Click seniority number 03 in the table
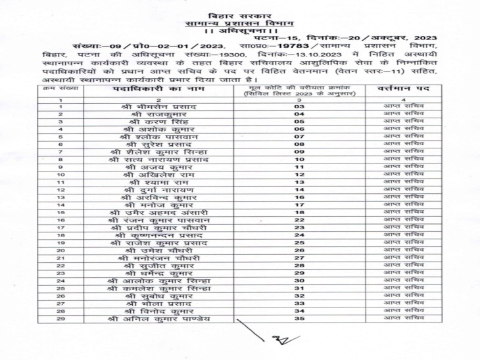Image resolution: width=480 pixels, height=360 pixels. [299, 106]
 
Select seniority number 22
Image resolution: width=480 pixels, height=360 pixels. [299, 220]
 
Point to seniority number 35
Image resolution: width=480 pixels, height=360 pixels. [299, 319]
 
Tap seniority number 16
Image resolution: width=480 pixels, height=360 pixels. [299, 197]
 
